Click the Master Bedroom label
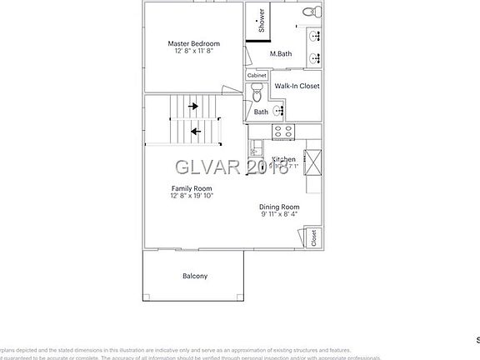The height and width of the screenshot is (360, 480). (x=193, y=43)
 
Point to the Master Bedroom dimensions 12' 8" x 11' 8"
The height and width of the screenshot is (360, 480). (x=193, y=51)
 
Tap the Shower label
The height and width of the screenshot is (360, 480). (x=262, y=21)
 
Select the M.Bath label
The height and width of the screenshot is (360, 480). (x=280, y=54)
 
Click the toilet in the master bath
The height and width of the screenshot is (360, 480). (x=311, y=11)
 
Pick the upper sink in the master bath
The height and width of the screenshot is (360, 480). (x=315, y=37)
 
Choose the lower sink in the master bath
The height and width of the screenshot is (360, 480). (x=315, y=58)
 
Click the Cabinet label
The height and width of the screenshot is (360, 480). (x=257, y=75)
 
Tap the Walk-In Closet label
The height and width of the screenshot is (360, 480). (x=297, y=86)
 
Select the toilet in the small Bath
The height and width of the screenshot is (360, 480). (x=257, y=93)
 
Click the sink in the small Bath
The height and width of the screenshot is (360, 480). (x=279, y=109)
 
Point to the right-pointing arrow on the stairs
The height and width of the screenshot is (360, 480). (x=193, y=106)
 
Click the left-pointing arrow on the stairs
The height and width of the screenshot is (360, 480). (x=197, y=131)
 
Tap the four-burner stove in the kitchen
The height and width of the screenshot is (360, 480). (x=283, y=131)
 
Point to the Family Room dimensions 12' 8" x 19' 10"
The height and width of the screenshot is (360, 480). (x=192, y=196)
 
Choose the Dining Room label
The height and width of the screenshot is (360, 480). (x=279, y=207)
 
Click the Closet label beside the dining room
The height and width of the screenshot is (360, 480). (x=313, y=238)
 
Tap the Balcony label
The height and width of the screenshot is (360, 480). (x=195, y=277)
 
